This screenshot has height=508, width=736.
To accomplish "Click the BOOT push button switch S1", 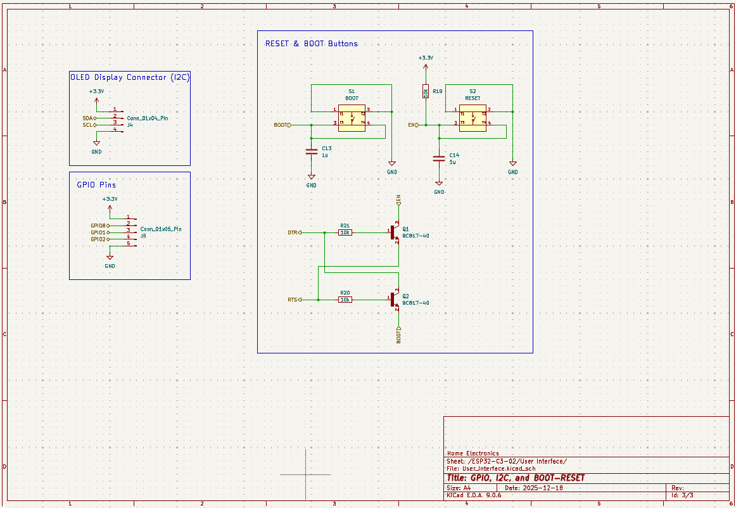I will click(352, 118).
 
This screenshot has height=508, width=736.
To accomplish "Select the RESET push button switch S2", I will click(473, 118).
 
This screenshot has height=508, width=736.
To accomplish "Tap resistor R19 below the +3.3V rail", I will click(426, 92).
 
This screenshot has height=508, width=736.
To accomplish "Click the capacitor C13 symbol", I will click(311, 151).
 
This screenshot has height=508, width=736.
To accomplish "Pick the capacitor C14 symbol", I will click(438, 158).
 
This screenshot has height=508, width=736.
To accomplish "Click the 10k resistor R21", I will click(345, 232).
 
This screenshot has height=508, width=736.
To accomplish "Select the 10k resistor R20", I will click(345, 300).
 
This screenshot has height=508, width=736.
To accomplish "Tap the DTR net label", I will click(293, 232).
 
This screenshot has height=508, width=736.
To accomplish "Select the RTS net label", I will click(293, 300).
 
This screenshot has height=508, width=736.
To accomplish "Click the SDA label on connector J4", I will click(87, 118).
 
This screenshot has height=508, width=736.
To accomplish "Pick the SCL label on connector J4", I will click(87, 125).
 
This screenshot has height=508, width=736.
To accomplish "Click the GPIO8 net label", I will click(98, 225).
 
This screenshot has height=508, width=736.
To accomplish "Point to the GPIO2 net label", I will click(98, 239).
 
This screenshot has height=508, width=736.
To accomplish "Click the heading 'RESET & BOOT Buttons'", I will click(311, 44).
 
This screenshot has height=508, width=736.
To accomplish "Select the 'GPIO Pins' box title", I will click(96, 185).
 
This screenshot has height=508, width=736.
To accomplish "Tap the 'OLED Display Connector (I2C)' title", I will click(129, 77).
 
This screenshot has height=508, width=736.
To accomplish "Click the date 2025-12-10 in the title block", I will click(543, 488).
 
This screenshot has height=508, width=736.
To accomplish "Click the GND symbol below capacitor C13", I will click(311, 179).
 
